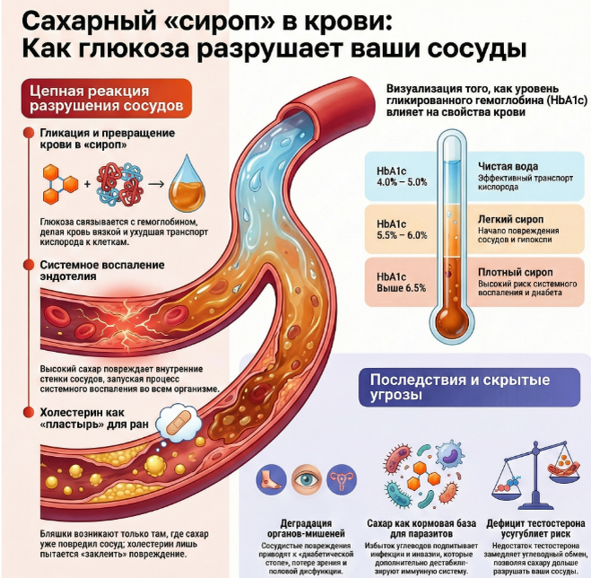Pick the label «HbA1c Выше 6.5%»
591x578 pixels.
click(402, 281)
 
